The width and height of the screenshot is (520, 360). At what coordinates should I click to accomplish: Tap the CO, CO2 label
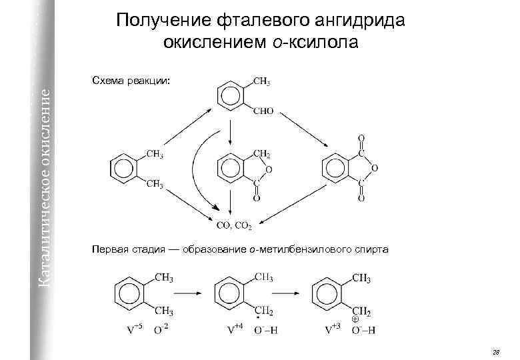(x=233, y=226)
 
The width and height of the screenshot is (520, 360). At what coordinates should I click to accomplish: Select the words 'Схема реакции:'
(x=131, y=80)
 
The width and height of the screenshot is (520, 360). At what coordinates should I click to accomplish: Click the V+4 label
(x=235, y=328)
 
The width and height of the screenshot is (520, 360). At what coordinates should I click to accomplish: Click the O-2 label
(x=160, y=328)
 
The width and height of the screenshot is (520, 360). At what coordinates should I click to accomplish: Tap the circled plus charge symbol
(x=355, y=319)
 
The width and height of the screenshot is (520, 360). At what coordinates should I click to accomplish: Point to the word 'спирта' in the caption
(x=367, y=249)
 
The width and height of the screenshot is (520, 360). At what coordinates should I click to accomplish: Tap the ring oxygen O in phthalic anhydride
(x=375, y=168)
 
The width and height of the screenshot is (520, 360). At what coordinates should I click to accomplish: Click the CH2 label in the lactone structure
(x=262, y=155)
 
